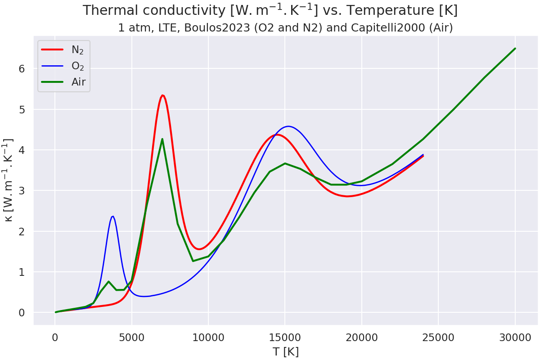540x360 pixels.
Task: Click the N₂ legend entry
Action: (x=77, y=50)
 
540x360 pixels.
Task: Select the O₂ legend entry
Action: (x=77, y=66)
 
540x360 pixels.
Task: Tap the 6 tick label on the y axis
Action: (x=21, y=69)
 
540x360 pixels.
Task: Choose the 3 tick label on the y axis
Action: (x=21, y=191)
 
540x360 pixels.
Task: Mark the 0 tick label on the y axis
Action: (x=21, y=313)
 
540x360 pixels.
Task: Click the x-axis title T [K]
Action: (x=285, y=351)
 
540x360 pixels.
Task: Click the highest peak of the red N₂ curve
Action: (x=162, y=95)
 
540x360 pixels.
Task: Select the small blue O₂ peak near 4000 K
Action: (x=112, y=216)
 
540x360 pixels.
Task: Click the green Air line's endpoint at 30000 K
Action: (x=515, y=49)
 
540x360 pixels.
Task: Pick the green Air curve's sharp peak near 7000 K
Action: (x=162, y=139)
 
